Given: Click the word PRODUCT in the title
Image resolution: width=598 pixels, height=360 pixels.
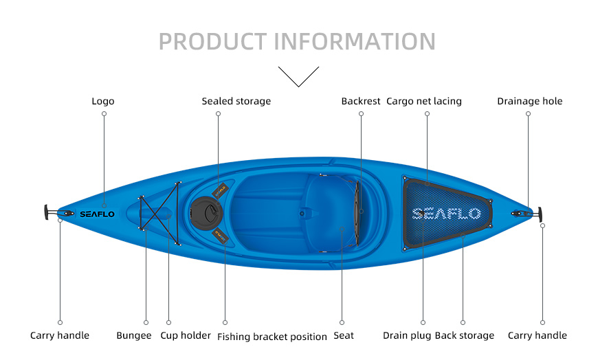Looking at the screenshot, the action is point(213,42).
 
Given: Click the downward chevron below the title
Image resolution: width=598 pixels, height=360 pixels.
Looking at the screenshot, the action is point(298,77).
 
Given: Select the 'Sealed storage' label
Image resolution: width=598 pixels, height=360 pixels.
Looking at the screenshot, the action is point(236,101).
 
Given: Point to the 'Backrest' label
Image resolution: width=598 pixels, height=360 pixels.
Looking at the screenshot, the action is point(361,101).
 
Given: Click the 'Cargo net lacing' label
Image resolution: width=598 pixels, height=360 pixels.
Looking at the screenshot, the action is point(423,101).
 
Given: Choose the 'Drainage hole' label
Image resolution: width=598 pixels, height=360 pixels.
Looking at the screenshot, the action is point(530,101).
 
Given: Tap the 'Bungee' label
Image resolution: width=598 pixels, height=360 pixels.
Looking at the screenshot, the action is point(134,335).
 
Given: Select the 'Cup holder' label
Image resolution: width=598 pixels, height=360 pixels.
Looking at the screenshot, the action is point(186,335).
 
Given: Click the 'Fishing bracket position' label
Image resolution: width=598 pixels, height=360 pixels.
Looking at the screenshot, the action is point(272,337).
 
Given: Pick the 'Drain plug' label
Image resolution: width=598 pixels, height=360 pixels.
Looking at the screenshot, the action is point(407,335).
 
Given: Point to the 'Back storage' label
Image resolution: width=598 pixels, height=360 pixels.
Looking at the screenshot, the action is point(465,335).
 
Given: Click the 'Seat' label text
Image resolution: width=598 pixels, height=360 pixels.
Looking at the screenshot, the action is point(344,335).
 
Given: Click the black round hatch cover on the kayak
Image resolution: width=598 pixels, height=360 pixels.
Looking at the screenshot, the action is point(206,214).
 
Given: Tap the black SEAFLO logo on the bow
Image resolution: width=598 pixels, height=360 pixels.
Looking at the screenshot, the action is point(97,214).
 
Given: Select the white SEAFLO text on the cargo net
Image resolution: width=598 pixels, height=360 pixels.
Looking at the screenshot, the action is point(447,214).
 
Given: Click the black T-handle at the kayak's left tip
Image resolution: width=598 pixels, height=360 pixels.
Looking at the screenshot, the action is point(46,212).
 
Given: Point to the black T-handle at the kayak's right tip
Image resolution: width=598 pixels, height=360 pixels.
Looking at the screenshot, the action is point(540,215).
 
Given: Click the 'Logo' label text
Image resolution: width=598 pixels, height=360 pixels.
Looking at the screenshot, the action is point(103,101).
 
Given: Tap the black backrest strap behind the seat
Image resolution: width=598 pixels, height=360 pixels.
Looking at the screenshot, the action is point(357,213).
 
